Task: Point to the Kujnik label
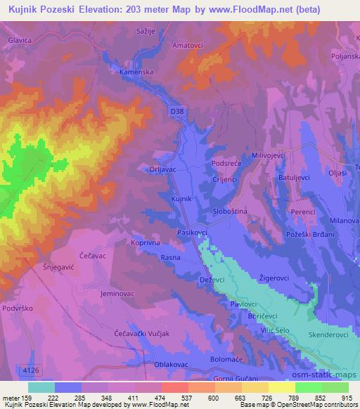(x=181, y=200)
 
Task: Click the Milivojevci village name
(x=271, y=155)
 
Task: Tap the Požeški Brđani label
(x=313, y=233)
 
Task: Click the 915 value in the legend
(x=347, y=398)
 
